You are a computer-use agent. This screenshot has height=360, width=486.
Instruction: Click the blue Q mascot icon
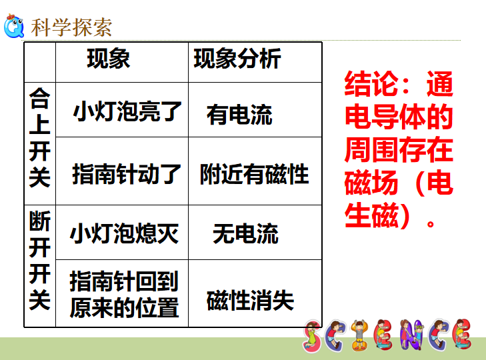pyautogui.click(x=13, y=26)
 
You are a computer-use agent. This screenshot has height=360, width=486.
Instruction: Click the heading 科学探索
pyautogui.click(x=71, y=27)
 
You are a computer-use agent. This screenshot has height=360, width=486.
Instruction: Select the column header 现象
pyautogui.click(x=109, y=58)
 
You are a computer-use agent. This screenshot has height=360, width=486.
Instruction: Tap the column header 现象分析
pyautogui.click(x=237, y=58)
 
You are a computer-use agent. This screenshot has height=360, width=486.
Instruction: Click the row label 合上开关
pyautogui.click(x=40, y=137)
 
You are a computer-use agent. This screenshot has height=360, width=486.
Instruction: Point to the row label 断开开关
pyautogui.click(x=40, y=260)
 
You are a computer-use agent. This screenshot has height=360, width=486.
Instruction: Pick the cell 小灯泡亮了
pyautogui.click(x=127, y=111)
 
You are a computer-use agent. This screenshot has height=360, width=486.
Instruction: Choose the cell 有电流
pyautogui.click(x=239, y=115)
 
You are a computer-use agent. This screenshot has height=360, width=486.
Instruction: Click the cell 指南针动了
pyautogui.click(x=127, y=174)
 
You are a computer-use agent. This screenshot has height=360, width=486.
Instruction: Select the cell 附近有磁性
pyautogui.click(x=255, y=174)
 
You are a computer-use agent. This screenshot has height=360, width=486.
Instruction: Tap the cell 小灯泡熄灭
pyautogui.click(x=124, y=233)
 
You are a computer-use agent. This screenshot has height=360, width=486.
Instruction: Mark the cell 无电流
pyautogui.click(x=245, y=233)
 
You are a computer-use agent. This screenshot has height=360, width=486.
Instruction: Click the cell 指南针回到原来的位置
pyautogui.click(x=124, y=294)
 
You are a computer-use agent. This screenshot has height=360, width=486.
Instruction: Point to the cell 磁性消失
pyautogui.click(x=251, y=301)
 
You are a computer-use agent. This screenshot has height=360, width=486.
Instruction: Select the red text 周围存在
pyautogui.click(x=399, y=150)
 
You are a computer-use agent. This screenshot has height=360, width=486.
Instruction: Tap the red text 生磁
pyautogui.click(x=371, y=215)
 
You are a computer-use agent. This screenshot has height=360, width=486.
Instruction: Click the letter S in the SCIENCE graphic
pyautogui.click(x=312, y=337)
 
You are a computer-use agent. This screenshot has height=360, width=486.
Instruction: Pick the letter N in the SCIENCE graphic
pyautogui.click(x=411, y=335)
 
